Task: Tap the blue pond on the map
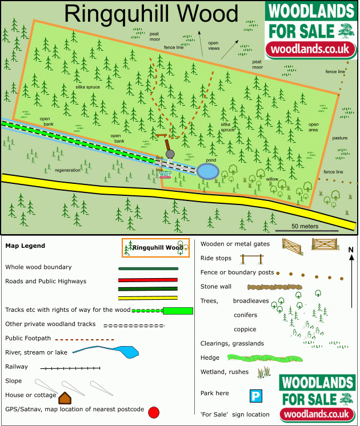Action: click(x=207, y=171)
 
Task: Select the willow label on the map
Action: click(x=272, y=179)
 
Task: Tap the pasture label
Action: click(x=340, y=138)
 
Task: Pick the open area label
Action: click(x=314, y=127)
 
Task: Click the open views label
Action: click(x=213, y=46)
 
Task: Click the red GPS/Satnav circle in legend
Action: click(x=153, y=412)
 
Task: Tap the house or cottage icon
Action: click(x=65, y=397)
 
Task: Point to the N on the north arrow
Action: click(x=351, y=250)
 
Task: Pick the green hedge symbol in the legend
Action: click(x=250, y=358)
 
